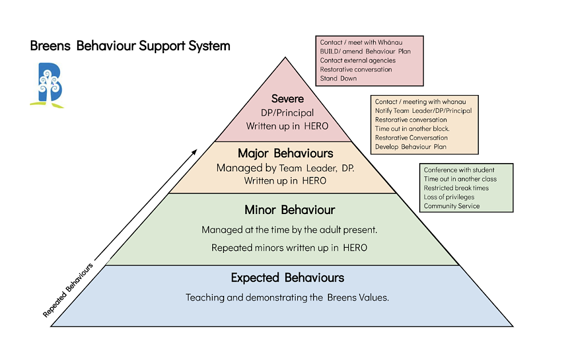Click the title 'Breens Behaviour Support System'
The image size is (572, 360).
tap(130, 46)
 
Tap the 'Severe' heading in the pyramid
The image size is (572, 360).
tap(288, 99)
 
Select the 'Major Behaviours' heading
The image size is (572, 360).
tap(285, 153)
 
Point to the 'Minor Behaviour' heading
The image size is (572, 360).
tap(289, 210)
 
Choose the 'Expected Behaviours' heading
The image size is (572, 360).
tap(287, 278)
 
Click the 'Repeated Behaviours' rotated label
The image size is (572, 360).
tap(67, 290)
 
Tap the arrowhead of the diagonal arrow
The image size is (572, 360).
tap(194, 152)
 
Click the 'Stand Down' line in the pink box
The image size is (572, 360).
tap(338, 78)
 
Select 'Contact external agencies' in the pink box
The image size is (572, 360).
tap(357, 60)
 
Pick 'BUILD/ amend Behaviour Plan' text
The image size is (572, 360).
tap(365, 52)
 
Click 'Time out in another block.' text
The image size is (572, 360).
tap(412, 129)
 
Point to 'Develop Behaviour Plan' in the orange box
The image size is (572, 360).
tap(410, 147)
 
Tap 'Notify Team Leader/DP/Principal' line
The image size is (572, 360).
tap(423, 111)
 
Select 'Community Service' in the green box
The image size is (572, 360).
tap(451, 206)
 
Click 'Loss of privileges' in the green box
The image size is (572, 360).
tap(449, 197)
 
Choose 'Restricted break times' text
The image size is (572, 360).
tap(456, 188)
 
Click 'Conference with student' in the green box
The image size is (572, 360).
tap(459, 170)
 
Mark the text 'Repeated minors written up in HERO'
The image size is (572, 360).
tap(289, 248)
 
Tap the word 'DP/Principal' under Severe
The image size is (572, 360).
tap(287, 113)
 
